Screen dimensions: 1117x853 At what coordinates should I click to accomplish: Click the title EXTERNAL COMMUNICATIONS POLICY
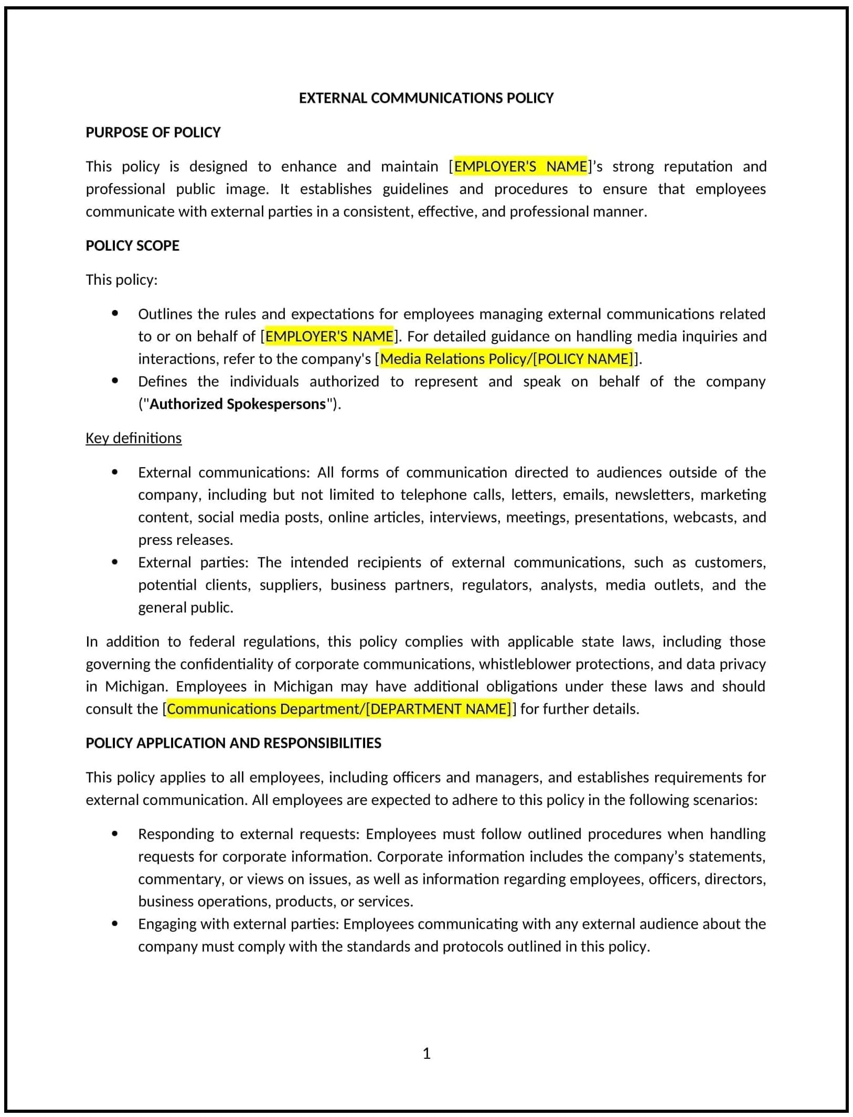[426, 98]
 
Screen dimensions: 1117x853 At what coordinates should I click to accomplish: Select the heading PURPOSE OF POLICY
[153, 132]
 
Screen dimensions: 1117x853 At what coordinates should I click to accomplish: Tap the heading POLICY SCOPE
[132, 245]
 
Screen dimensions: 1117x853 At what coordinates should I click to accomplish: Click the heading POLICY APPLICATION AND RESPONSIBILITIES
[233, 743]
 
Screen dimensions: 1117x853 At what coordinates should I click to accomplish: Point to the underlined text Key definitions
[133, 438]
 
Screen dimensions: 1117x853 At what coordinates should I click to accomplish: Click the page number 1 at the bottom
[426, 1053]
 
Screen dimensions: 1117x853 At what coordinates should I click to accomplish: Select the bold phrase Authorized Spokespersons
[238, 404]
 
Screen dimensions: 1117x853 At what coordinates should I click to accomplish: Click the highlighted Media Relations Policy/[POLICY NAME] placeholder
[506, 359]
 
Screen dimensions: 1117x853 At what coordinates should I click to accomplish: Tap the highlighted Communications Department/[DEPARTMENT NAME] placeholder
[338, 709]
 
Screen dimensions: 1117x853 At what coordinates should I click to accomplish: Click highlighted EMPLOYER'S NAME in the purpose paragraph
[520, 166]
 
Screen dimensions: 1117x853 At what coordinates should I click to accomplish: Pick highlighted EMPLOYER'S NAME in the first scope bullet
[329, 336]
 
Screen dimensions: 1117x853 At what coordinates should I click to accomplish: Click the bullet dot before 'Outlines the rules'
[115, 314]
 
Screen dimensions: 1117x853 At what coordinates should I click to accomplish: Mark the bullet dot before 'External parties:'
[115, 562]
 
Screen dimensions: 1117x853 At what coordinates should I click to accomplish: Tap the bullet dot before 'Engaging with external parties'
[115, 923]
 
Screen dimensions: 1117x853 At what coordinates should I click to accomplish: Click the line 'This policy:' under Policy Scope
[121, 280]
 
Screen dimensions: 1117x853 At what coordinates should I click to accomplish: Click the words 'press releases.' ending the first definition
[186, 540]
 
